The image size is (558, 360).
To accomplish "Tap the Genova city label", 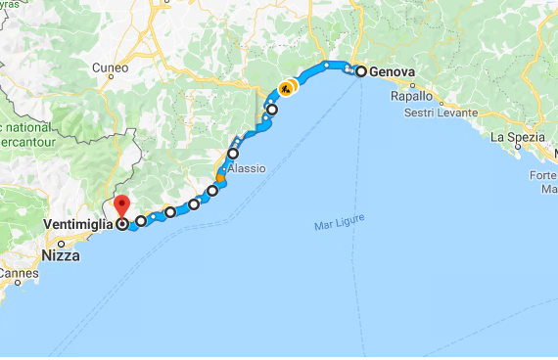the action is coord(390,71).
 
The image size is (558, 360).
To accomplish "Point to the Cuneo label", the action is coord(110,67).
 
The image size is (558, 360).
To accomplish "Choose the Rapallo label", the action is coord(411,97).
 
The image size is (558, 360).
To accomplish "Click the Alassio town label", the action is coord(247,168).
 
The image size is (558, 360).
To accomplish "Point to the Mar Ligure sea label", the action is coord(335,226).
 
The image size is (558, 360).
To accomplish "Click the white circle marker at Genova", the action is coord(360,71).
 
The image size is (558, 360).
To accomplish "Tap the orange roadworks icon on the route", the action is coord(285,88).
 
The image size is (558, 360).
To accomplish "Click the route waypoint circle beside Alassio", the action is coord(233,154).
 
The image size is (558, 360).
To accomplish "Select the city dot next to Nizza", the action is coord(60,243).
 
